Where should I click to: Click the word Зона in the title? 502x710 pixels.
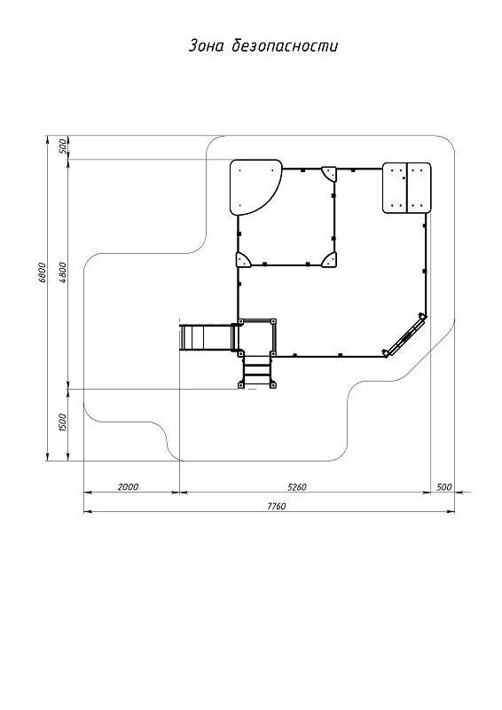click(206, 46)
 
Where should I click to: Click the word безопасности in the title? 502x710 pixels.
click(285, 46)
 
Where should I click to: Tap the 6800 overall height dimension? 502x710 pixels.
click(42, 272)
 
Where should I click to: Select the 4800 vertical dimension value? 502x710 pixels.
click(62, 272)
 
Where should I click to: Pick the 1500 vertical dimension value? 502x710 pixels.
click(62, 422)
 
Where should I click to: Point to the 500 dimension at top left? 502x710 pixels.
click(62, 146)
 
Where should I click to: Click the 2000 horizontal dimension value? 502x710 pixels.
click(128, 486)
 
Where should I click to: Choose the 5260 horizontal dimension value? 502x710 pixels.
click(297, 486)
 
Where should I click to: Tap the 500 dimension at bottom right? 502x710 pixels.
click(444, 486)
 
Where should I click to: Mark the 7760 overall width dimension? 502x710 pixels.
click(276, 506)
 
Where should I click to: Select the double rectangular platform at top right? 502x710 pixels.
click(407, 187)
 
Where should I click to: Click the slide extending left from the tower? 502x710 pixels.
click(207, 337)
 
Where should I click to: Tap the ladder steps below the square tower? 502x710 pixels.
click(256, 370)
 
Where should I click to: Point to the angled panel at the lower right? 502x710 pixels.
click(404, 335)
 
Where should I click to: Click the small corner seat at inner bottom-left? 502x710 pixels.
click(243, 260)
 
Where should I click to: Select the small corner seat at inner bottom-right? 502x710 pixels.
click(330, 261)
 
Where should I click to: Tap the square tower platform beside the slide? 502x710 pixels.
click(257, 337)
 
